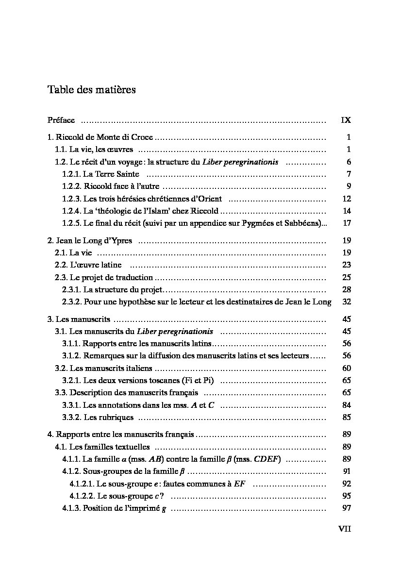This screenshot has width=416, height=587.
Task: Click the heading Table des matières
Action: (x=92, y=90)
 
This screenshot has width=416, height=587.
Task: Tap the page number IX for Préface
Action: (x=346, y=120)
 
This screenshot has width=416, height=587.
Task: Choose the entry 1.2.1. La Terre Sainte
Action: (x=101, y=174)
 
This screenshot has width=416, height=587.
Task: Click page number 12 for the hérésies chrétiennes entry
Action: (x=346, y=199)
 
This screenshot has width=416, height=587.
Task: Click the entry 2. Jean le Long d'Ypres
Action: (x=90, y=240)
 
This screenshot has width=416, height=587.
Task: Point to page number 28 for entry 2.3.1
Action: (x=346, y=289)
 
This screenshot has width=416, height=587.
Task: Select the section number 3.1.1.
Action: (x=71, y=343)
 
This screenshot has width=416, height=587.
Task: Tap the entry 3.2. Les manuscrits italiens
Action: (x=104, y=368)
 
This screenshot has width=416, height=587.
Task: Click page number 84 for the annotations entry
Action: (x=346, y=405)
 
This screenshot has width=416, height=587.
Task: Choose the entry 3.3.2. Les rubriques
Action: (x=98, y=417)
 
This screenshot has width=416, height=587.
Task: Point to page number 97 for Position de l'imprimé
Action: (x=346, y=508)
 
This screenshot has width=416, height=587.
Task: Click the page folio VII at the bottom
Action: (x=345, y=529)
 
